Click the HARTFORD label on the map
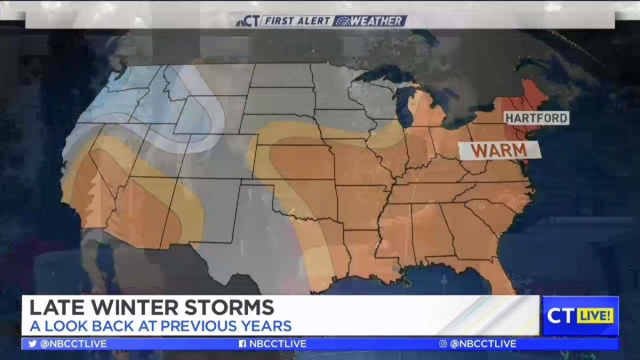click(x=536, y=118)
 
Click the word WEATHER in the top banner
click(x=376, y=21)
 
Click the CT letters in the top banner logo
click(x=251, y=21)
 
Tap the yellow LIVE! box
click(x=595, y=316)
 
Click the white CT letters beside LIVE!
click(x=561, y=316)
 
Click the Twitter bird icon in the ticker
click(x=33, y=344)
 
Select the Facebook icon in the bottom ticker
click(x=242, y=344)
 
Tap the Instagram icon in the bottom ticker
click(x=443, y=344)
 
